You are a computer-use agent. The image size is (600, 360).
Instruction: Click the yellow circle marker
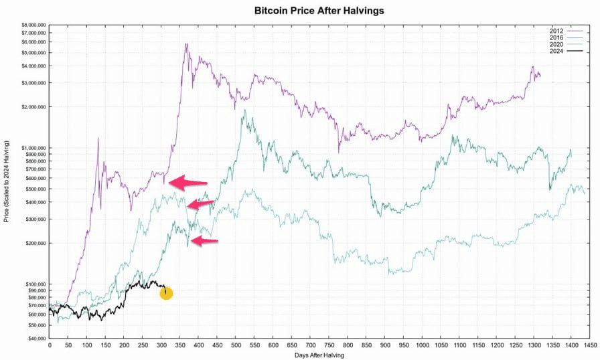coord(166,293)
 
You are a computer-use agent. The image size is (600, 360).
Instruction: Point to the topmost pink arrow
coord(188,182)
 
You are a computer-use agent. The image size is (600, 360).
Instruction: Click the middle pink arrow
coord(201,204)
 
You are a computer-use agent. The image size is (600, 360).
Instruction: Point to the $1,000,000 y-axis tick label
coord(29,148)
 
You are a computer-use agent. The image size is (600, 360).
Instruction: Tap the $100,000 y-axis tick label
coord(31,284)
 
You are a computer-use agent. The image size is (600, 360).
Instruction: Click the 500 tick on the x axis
coord(236,345)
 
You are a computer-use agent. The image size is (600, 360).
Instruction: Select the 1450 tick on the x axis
coord(589,345)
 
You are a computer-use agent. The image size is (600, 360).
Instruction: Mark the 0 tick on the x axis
coord(50,345)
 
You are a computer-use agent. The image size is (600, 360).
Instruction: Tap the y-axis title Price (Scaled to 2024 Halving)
coord(7,182)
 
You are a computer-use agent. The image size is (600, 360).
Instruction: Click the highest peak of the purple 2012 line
coord(185,44)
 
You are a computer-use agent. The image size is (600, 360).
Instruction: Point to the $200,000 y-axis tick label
coord(31,243)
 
